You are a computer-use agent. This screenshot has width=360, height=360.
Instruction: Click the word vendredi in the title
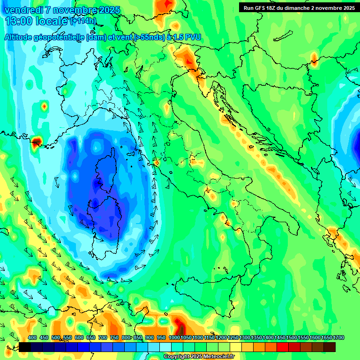pos(23,10)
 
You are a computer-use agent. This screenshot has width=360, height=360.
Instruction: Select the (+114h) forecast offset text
pos(83,21)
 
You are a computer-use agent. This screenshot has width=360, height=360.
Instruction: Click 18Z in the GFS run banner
pos(274,7)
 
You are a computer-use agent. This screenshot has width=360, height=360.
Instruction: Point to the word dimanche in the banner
pos(300,7)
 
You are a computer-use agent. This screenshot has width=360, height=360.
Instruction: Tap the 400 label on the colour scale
pos(32,338)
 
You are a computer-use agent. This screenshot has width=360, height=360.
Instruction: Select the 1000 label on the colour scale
pos(174,338)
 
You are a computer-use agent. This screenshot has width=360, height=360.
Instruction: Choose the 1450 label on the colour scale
pos(280,338)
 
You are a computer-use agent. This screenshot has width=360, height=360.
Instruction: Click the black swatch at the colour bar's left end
pos(25,347)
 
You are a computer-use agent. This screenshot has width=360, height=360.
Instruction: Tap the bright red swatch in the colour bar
pos(283,347)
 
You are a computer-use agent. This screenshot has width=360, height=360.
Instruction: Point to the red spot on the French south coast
pos(36,142)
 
